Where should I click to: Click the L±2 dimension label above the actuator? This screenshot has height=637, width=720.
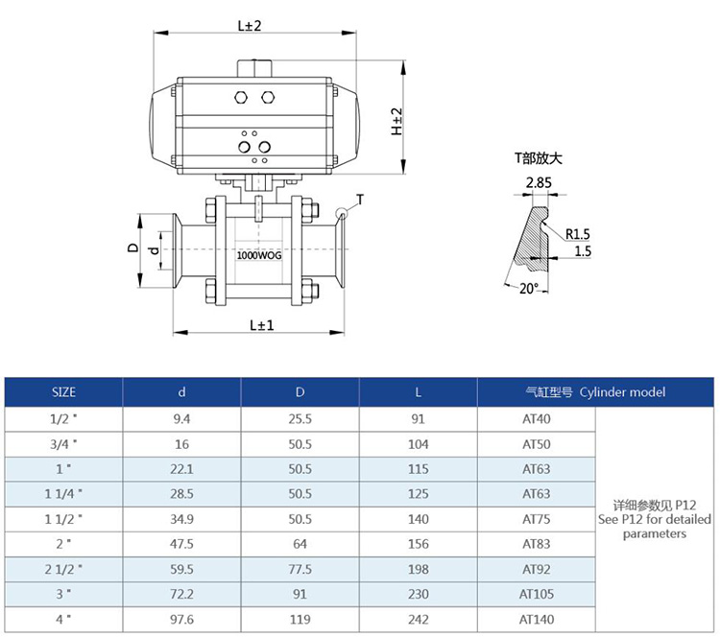click(250, 26)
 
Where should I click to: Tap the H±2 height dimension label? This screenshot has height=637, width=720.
click(396, 122)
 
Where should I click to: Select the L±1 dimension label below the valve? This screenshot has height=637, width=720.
click(262, 325)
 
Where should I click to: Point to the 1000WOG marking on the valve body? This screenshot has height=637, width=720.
click(259, 255)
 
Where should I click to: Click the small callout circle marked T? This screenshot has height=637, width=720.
click(342, 213)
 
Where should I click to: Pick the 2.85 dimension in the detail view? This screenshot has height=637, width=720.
click(539, 182)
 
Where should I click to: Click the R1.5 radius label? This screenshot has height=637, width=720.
click(578, 234)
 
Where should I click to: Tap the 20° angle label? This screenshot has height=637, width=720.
click(529, 289)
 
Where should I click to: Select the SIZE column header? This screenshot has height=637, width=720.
click(63, 392)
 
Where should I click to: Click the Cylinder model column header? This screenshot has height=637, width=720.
click(622, 392)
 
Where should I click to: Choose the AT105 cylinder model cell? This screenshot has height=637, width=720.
click(537, 595)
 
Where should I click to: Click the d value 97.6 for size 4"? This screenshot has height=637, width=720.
click(181, 620)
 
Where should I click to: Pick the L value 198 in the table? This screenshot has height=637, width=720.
click(418, 570)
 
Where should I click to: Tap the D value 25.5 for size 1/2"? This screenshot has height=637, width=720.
click(300, 419)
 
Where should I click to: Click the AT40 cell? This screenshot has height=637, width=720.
click(537, 419)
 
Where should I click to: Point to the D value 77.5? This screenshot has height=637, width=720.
click(300, 570)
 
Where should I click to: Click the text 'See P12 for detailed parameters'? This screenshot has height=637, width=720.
click(655, 527)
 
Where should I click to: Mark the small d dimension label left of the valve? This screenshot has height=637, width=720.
click(155, 250)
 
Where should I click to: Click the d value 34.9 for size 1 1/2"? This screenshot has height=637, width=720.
click(181, 520)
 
